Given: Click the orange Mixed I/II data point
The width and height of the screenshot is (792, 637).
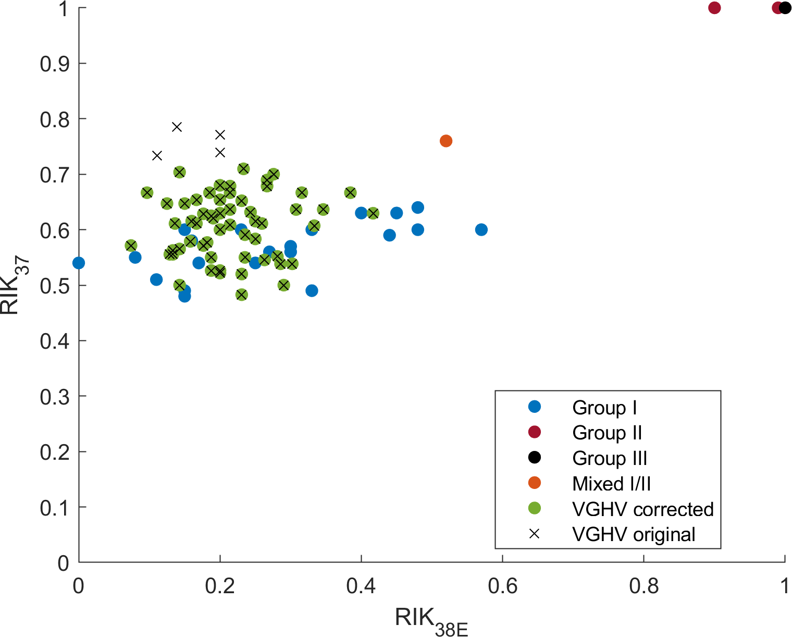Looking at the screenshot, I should click(x=445, y=141).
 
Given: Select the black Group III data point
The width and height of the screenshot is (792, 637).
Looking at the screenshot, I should click(x=785, y=8).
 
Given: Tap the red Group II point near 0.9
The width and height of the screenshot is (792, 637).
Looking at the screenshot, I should click(x=714, y=8).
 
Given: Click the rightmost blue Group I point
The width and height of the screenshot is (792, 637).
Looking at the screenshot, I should click(x=481, y=229).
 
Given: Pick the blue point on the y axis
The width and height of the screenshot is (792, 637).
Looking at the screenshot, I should click(x=79, y=263).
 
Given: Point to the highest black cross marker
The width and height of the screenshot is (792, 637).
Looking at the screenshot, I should click(x=177, y=127).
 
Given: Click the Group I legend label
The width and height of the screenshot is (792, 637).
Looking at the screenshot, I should click(x=604, y=408).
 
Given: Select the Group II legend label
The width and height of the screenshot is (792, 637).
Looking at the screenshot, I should click(x=607, y=433).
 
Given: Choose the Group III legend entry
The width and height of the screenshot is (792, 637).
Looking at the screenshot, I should click(x=609, y=458).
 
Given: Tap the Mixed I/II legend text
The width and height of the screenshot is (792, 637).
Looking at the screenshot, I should click(x=611, y=484).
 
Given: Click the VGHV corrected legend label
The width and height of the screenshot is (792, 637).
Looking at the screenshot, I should click(x=642, y=509).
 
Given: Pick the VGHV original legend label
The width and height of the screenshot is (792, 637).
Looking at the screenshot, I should click(x=633, y=534).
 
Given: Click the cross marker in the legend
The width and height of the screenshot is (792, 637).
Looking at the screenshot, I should click(x=534, y=534).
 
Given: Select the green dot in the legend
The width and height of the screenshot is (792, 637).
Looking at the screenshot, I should click(x=534, y=508).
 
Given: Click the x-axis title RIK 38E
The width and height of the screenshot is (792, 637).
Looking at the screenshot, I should click(x=431, y=621).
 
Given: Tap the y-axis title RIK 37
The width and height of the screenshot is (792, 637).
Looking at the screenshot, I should click(x=11, y=287).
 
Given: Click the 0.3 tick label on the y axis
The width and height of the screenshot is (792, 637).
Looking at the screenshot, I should click(x=54, y=397).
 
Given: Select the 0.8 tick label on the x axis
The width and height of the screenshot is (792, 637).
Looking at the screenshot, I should click(x=643, y=586).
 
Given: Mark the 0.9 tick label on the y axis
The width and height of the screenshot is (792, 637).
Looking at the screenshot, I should click(x=54, y=64).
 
